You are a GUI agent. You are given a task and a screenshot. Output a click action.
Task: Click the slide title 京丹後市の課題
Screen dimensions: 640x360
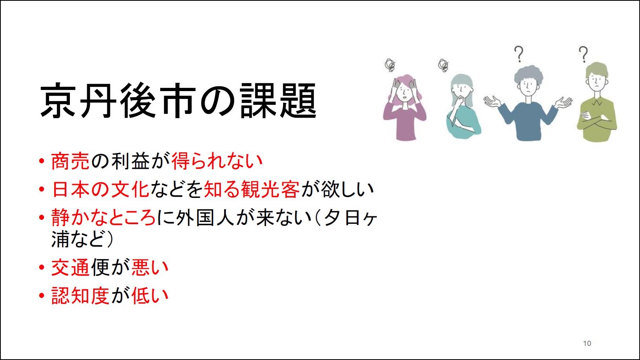[178, 101]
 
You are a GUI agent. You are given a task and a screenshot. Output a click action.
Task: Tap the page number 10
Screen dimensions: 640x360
[587, 344]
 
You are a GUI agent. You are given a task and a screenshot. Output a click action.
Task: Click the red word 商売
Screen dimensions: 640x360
[70, 161]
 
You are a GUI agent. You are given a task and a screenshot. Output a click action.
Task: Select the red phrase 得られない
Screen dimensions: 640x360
[217, 161]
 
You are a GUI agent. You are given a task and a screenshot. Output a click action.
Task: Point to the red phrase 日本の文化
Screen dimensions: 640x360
[101, 189]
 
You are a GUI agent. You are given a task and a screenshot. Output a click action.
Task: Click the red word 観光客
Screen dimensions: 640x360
[270, 189]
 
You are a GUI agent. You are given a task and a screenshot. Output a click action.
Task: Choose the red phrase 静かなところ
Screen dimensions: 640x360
[103, 217]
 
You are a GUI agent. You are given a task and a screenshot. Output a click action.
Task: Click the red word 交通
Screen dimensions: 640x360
[70, 267]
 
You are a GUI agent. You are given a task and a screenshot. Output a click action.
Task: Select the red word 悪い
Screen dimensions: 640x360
[150, 267]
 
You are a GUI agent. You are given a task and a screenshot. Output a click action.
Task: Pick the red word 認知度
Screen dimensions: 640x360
[80, 295]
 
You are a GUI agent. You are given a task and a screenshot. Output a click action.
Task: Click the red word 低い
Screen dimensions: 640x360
[150, 295]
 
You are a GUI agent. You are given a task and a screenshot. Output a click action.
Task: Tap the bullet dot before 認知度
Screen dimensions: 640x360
[42, 296]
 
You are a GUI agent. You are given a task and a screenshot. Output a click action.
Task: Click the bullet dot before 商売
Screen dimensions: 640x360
[42, 161]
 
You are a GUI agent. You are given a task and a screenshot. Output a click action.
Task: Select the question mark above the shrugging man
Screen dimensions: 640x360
[519, 54]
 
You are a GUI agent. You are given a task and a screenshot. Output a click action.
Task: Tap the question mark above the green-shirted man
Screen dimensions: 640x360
[583, 54]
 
